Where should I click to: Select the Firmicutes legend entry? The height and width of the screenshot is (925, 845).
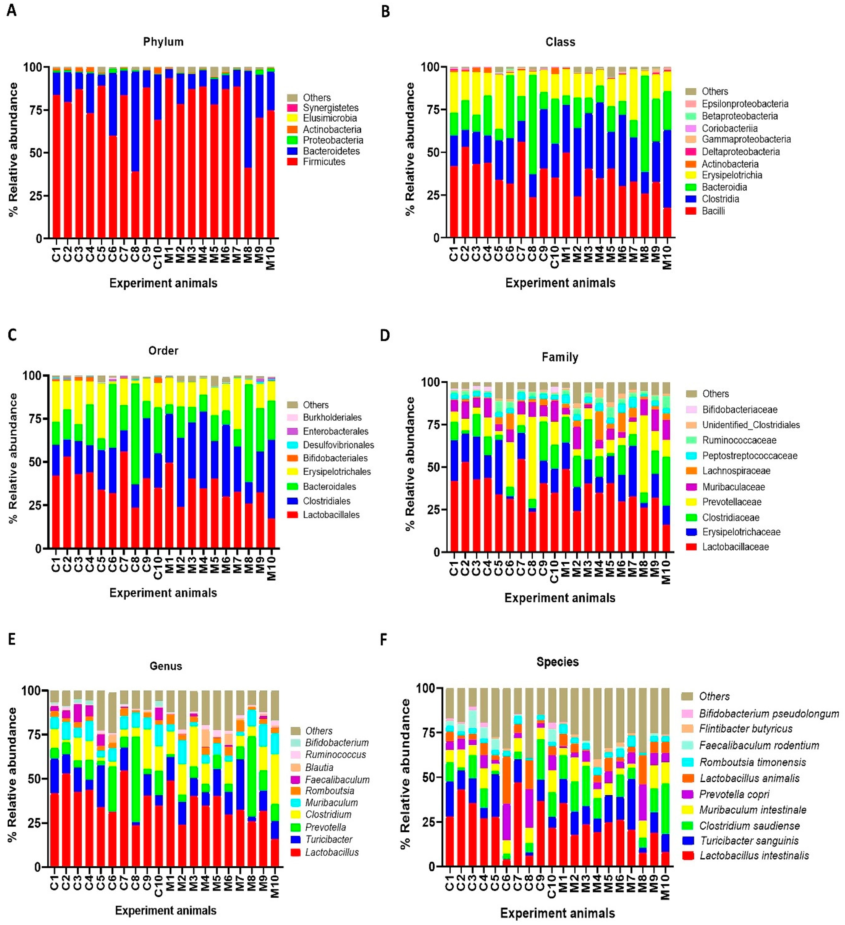point(324,162)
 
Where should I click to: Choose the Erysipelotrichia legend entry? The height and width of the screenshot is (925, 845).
point(732,175)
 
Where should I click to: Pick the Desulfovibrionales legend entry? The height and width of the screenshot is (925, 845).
point(338,445)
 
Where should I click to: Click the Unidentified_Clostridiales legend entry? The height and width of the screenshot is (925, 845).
point(751,425)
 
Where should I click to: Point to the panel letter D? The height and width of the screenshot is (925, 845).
point(385,335)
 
